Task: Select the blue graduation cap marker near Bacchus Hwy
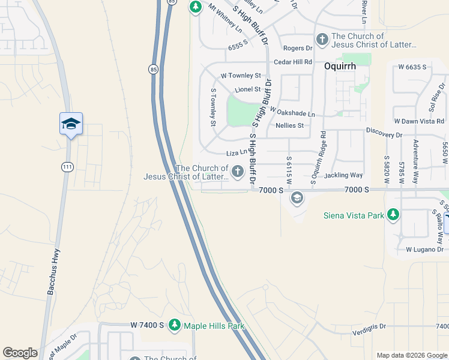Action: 71,124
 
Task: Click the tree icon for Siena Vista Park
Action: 393,215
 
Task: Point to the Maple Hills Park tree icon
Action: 175,325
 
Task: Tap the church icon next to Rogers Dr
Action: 322,40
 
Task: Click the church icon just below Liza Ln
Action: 238,172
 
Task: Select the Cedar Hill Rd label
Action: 293,62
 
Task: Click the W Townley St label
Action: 241,76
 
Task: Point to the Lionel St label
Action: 247,89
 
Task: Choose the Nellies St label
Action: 289,125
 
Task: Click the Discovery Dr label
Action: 384,135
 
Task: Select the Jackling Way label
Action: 343,175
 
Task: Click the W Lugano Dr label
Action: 424,249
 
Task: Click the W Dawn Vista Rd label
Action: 418,121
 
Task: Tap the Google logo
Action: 20,353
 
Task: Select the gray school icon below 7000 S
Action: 297,198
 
